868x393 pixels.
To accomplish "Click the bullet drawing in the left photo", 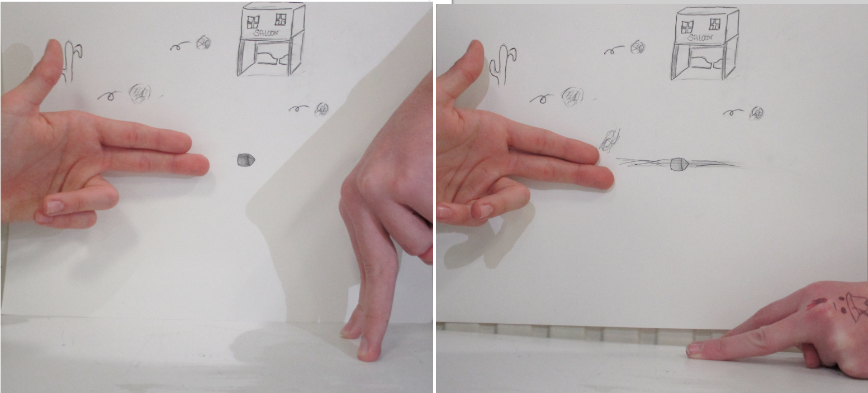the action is (246, 160).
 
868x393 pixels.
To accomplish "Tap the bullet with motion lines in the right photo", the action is (679, 164).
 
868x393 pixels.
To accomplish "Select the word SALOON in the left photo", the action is (266, 33).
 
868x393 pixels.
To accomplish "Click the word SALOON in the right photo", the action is (700, 38).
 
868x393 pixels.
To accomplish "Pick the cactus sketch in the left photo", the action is (71, 61).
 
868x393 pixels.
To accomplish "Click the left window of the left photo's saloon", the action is (253, 22).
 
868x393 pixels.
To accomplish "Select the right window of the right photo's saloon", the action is (714, 24).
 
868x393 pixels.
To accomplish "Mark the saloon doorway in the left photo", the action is (270, 58).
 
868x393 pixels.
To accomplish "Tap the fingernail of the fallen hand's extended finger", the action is (694, 350).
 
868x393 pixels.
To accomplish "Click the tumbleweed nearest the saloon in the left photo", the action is (203, 42).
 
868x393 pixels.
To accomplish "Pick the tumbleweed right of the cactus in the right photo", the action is (573, 96).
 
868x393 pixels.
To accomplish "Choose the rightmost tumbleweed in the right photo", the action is (756, 113).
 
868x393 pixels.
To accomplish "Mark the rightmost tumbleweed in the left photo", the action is (321, 109).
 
